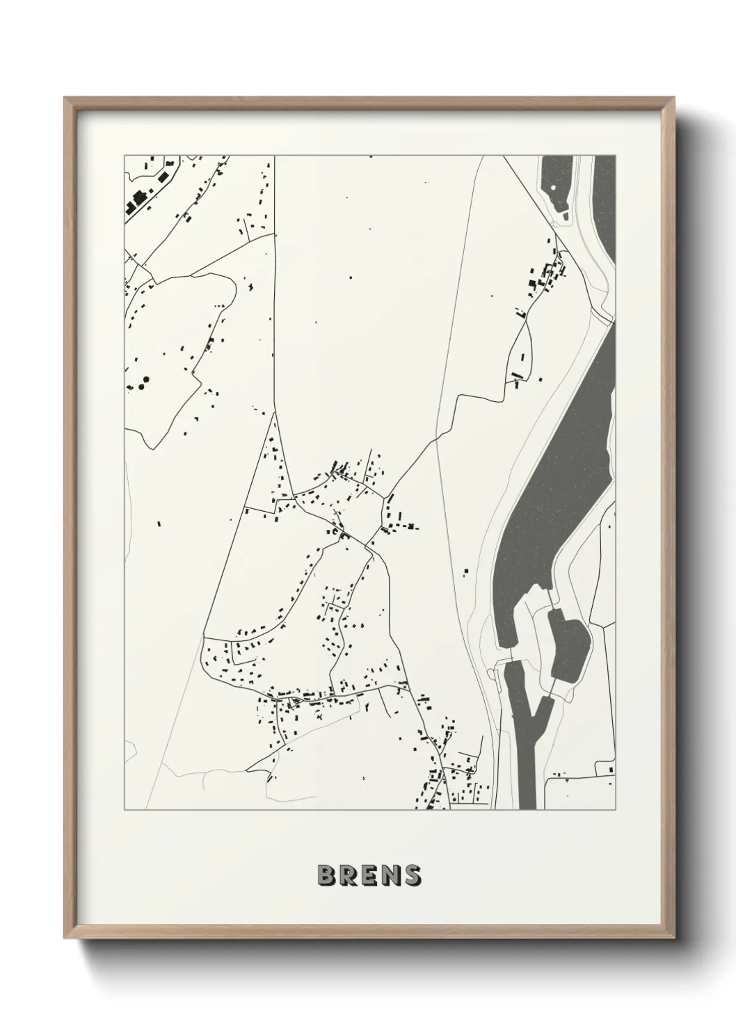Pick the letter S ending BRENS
click(411, 875)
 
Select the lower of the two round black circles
click(141, 385)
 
